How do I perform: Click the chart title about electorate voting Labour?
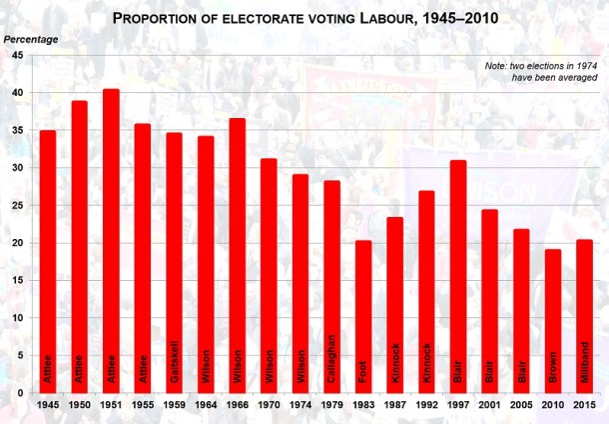click(304, 18)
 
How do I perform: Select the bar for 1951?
click(111, 240)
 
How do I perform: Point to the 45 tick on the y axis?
click(17, 56)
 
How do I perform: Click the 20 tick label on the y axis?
click(17, 243)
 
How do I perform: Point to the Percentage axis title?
click(29, 39)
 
